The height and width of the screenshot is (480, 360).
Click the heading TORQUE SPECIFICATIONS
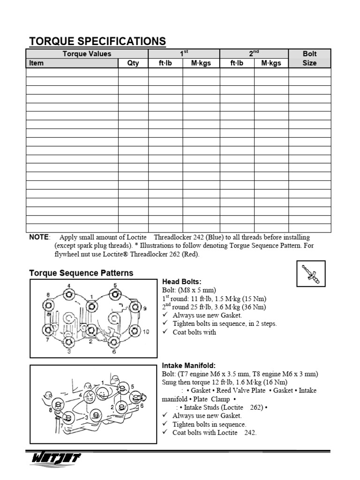click(x=97, y=41)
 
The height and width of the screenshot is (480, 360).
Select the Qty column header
click(x=133, y=63)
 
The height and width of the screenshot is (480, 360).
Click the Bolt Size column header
click(x=310, y=58)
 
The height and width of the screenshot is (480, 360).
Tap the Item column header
click(x=36, y=63)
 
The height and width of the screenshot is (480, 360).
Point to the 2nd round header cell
click(x=254, y=53)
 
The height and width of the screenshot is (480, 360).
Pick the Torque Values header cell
click(x=87, y=54)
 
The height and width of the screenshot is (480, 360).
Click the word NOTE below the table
click(x=39, y=238)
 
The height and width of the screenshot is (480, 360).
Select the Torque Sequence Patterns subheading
click(x=81, y=273)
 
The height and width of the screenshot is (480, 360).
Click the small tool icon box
click(x=311, y=273)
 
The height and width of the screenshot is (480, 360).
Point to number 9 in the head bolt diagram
click(x=145, y=308)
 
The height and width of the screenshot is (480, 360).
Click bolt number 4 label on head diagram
click(x=69, y=285)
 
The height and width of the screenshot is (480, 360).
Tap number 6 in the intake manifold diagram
click(x=141, y=406)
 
